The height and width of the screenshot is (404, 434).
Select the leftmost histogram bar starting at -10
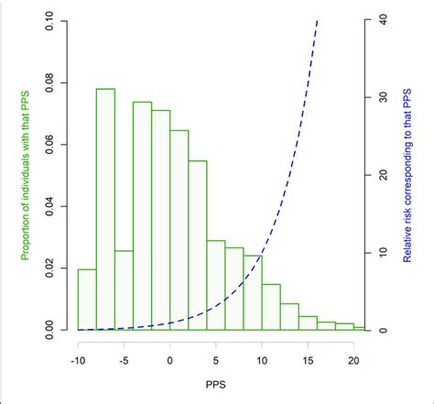(86, 299)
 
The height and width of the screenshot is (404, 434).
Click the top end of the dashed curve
(318, 20)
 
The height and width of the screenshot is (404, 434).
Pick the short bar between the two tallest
(124, 289)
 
